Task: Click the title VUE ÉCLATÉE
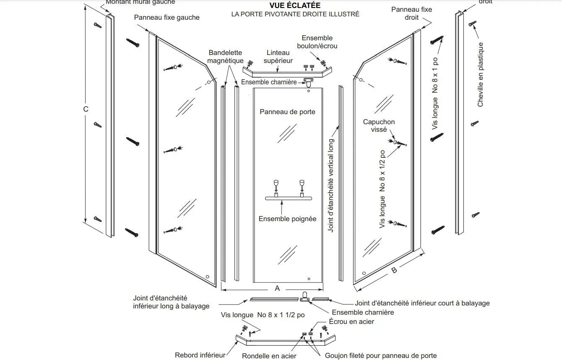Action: [x=295, y=5]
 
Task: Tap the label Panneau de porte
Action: [x=287, y=112]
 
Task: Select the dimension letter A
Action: [x=277, y=288]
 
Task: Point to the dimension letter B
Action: [x=394, y=271]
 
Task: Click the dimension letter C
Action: [x=86, y=109]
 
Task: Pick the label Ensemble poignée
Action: [x=287, y=219]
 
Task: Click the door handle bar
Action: [x=288, y=198]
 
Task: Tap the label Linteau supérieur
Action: [x=278, y=57]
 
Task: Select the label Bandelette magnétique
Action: [x=225, y=57]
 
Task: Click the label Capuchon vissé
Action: [x=379, y=126]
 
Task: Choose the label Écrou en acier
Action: [x=351, y=321]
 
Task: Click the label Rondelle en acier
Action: [x=269, y=356]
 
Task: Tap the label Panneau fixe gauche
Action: [x=167, y=17]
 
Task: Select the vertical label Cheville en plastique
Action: [x=481, y=74]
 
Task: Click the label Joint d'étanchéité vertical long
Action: [x=331, y=185]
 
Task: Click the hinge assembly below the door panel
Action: [x=305, y=296]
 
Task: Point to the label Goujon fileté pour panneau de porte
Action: [x=381, y=356]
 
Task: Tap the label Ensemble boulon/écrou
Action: [x=317, y=42]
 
